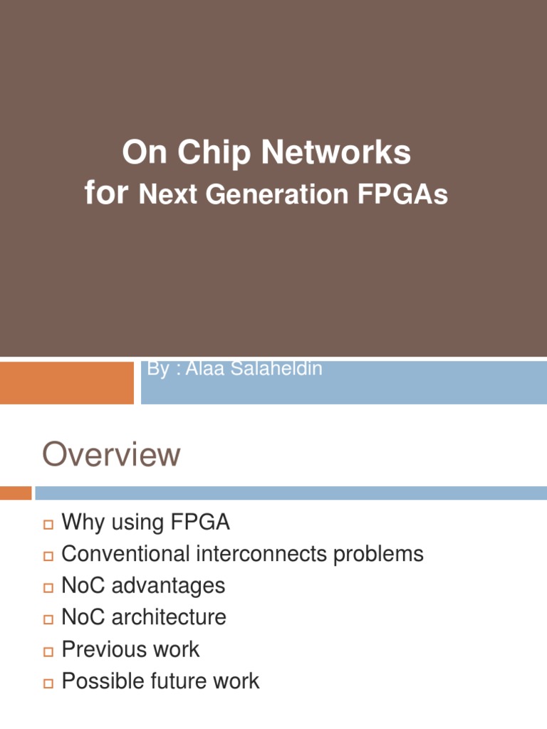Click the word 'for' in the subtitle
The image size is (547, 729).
point(108,193)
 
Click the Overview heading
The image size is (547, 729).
point(111,455)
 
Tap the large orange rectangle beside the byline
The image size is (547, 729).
point(66,383)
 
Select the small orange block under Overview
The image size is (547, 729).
point(16,493)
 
